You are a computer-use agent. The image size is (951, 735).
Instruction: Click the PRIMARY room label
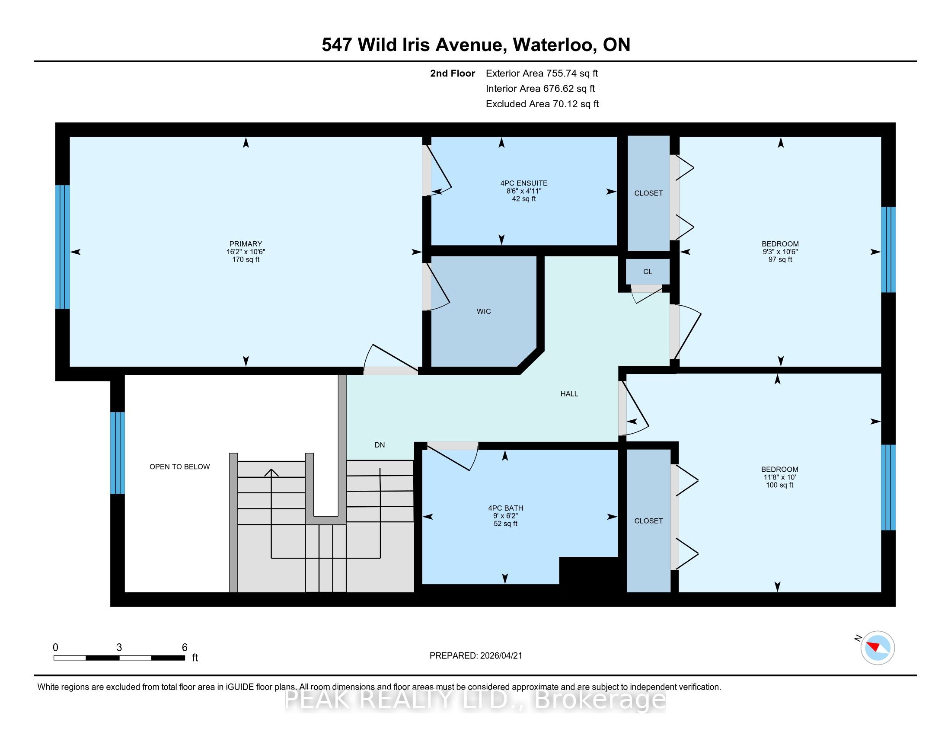point(246,244)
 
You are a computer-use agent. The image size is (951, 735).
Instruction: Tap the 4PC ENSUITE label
point(524,183)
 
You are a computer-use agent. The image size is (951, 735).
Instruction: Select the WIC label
point(484,311)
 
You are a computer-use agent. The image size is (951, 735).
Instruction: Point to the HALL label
point(569,393)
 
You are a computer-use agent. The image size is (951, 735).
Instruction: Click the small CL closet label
point(648,272)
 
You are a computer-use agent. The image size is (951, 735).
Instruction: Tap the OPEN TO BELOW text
point(179,467)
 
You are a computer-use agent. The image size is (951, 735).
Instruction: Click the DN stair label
point(380,445)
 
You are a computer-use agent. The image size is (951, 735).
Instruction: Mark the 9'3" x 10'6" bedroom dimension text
point(780,252)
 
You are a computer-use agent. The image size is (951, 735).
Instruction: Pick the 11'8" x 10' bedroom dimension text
point(779,477)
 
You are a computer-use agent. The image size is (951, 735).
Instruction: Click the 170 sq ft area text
point(246,259)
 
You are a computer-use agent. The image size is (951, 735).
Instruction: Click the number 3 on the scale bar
point(119,648)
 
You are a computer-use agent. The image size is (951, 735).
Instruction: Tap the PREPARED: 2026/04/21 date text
point(475,656)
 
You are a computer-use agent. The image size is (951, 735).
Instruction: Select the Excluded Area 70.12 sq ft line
point(542,104)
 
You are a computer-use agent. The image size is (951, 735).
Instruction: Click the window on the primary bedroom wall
point(62,247)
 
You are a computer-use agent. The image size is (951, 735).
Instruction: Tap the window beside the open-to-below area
point(118,453)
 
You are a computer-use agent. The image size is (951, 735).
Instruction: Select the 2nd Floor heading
point(453,73)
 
